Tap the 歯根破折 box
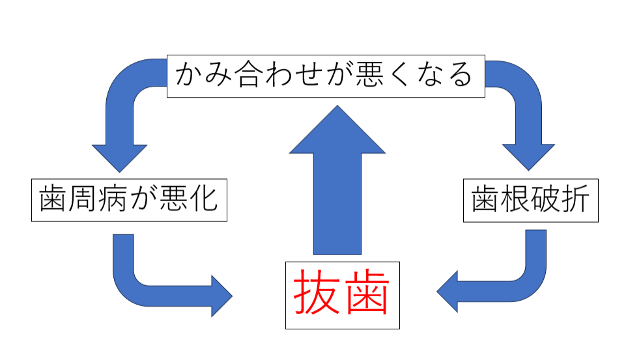tap(530, 198)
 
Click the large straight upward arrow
tap(337, 189)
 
